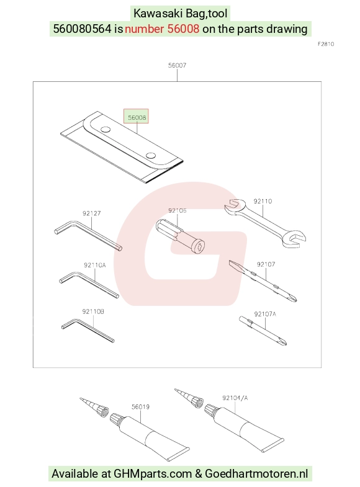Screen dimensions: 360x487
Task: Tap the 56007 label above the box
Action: click(177, 65)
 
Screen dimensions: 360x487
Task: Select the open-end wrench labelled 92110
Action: click(266, 223)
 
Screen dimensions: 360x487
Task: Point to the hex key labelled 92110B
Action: click(88, 330)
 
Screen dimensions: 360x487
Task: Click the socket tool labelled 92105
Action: click(180, 236)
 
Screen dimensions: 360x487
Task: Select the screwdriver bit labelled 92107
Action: click(263, 281)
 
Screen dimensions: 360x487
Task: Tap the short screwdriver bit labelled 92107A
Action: click(263, 331)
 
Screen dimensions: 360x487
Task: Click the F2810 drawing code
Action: click(326, 44)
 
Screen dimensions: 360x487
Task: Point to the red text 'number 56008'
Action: click(162, 29)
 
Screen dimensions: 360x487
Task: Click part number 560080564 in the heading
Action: click(82, 29)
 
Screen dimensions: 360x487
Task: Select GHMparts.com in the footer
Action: click(153, 474)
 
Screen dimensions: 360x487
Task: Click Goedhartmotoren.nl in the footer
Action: click(256, 473)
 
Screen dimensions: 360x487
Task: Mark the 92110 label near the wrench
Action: click(263, 201)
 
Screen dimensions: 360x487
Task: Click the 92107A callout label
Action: click(265, 314)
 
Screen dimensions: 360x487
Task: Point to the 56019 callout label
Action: click(140, 407)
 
